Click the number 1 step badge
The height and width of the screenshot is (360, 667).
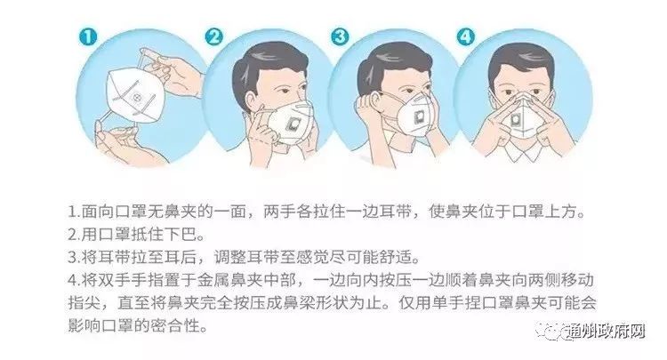(x=88, y=36)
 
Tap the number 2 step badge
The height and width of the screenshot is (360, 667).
(x=214, y=36)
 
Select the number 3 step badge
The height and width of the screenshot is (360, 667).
(x=340, y=36)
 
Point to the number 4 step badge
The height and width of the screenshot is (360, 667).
(x=466, y=36)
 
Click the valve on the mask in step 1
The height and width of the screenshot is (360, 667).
(x=137, y=98)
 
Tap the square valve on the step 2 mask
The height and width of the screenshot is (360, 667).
(x=293, y=124)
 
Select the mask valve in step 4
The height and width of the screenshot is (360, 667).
(x=518, y=119)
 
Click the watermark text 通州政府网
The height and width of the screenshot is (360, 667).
(x=607, y=332)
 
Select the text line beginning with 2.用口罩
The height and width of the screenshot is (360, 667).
(x=136, y=234)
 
